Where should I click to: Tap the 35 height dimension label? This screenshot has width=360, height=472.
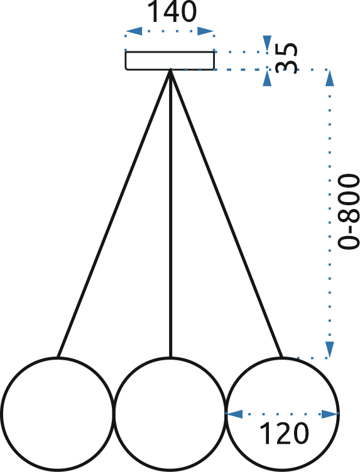click(286, 58)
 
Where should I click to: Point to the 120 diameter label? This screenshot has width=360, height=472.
click(284, 433)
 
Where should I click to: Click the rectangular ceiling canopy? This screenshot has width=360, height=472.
click(170, 60)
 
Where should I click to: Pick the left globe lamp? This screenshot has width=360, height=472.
click(57, 414)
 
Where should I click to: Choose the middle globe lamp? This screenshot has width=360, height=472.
click(170, 414)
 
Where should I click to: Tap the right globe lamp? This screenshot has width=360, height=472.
click(283, 414)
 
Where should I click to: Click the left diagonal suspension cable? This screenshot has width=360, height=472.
click(114, 213)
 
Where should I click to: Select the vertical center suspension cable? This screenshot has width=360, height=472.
click(170, 213)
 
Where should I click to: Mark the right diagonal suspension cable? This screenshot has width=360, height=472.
click(227, 213)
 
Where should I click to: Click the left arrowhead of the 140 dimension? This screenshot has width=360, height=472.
click(133, 31)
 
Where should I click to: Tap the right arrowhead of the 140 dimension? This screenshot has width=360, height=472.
click(205, 31)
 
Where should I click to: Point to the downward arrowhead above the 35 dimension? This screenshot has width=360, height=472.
click(267, 44)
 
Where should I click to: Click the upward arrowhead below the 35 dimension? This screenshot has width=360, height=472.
click(267, 78)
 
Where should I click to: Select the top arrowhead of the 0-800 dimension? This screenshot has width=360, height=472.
click(330, 78)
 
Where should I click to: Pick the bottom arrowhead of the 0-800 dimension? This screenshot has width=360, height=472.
click(330, 350)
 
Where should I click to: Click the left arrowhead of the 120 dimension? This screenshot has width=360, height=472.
click(234, 414)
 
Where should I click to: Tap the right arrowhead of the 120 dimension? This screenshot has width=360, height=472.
click(330, 414)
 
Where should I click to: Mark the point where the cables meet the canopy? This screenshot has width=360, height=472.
click(170, 70)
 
